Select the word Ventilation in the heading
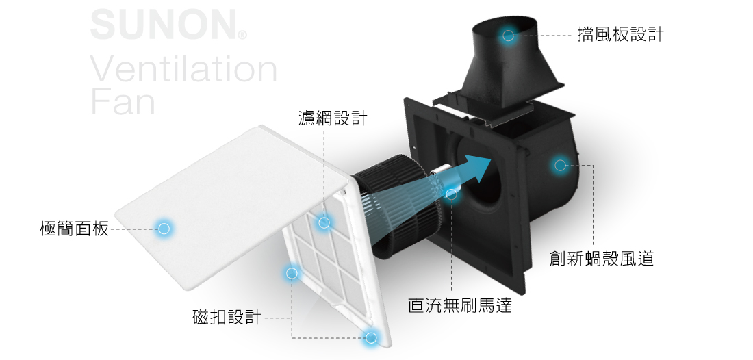[183, 69]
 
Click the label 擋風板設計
[620, 35]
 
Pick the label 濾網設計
[333, 118]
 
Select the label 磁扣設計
[227, 318]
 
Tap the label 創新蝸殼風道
[602, 259]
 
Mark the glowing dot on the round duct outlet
[508, 35]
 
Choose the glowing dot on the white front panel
[164, 229]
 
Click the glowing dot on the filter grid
[324, 222]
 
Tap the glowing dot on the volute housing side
[560, 165]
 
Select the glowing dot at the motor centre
[451, 194]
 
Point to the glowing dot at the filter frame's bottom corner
[371, 337]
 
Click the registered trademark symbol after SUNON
[242, 34]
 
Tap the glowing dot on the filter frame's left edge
[292, 273]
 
